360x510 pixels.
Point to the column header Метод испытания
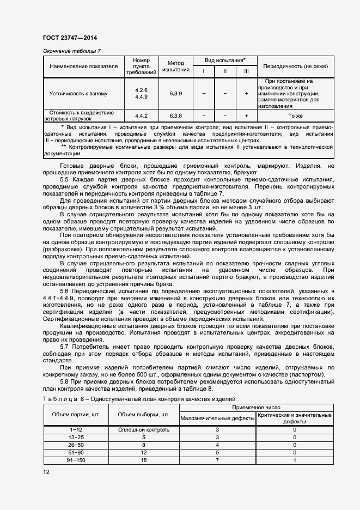click(175, 66)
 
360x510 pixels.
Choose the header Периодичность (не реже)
click(295, 66)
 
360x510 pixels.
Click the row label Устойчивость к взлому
click(84, 93)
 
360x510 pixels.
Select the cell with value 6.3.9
click(175, 93)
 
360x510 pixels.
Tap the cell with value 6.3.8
click(175, 116)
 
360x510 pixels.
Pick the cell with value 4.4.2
click(142, 116)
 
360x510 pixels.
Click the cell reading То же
click(295, 116)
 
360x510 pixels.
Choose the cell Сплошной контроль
click(144, 429)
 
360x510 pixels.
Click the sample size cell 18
click(144, 460)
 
